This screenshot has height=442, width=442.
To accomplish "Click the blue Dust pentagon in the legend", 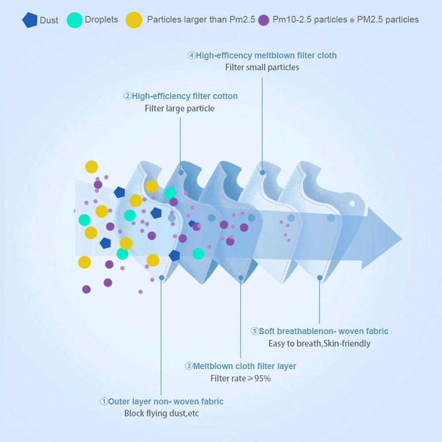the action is pos(30,20).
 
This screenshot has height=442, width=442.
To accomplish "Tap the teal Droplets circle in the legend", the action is pos(75,20).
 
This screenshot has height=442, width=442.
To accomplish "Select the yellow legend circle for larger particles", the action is pos(134,20).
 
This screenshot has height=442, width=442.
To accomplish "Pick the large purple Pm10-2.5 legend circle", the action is pos(264,20).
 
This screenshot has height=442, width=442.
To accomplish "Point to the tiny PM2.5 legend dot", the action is pos(352,20).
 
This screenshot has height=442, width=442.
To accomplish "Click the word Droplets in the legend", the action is pos(101,20).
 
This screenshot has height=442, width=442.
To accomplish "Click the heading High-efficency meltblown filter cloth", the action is pos(266,56).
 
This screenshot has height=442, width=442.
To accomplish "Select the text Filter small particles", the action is pos(262,68).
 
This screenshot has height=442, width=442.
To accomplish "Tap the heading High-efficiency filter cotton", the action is pos(184,96).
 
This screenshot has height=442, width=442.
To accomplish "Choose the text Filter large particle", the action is pos(179,109).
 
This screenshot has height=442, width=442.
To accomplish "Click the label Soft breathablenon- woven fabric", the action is pos(323,331).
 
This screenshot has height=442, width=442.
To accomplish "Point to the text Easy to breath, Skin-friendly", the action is pos(319,343).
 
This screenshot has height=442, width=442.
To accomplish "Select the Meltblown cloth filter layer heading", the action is pos(244,366).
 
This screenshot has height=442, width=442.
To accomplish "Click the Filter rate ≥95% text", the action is pos(240,379).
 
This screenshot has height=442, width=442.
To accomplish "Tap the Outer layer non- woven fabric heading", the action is pos(166,402).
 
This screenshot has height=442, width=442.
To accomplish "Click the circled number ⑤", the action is pos(254,331).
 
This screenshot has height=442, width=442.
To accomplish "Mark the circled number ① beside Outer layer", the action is pos(103,402).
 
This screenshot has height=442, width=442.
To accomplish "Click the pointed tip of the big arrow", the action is pos(401,239).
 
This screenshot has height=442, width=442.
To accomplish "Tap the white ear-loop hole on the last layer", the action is pos(352,204).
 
